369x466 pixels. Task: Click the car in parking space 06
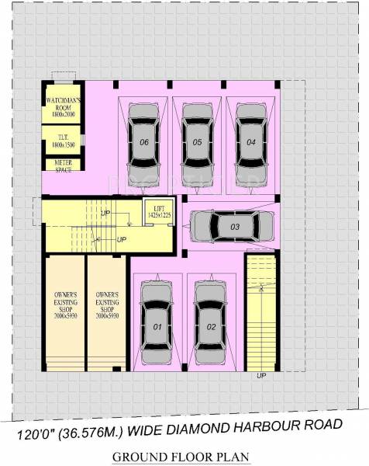point(144,141)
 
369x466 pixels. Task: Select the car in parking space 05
point(198,141)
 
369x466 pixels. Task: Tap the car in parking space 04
point(251,141)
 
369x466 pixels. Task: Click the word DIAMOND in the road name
point(204,426)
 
